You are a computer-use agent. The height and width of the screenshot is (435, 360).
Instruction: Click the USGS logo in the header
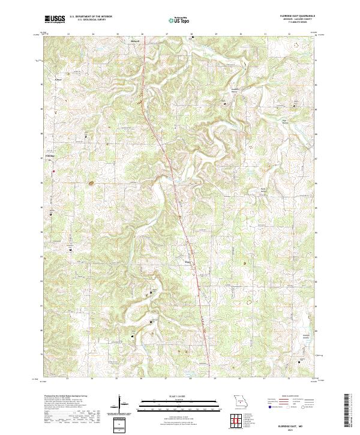pos(55,19)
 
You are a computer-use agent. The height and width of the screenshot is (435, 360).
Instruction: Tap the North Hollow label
pos(263,192)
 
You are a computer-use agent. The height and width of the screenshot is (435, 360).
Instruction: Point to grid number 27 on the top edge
pos(166,34)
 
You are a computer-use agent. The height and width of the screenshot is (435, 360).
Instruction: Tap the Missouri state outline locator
pos(241,400)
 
